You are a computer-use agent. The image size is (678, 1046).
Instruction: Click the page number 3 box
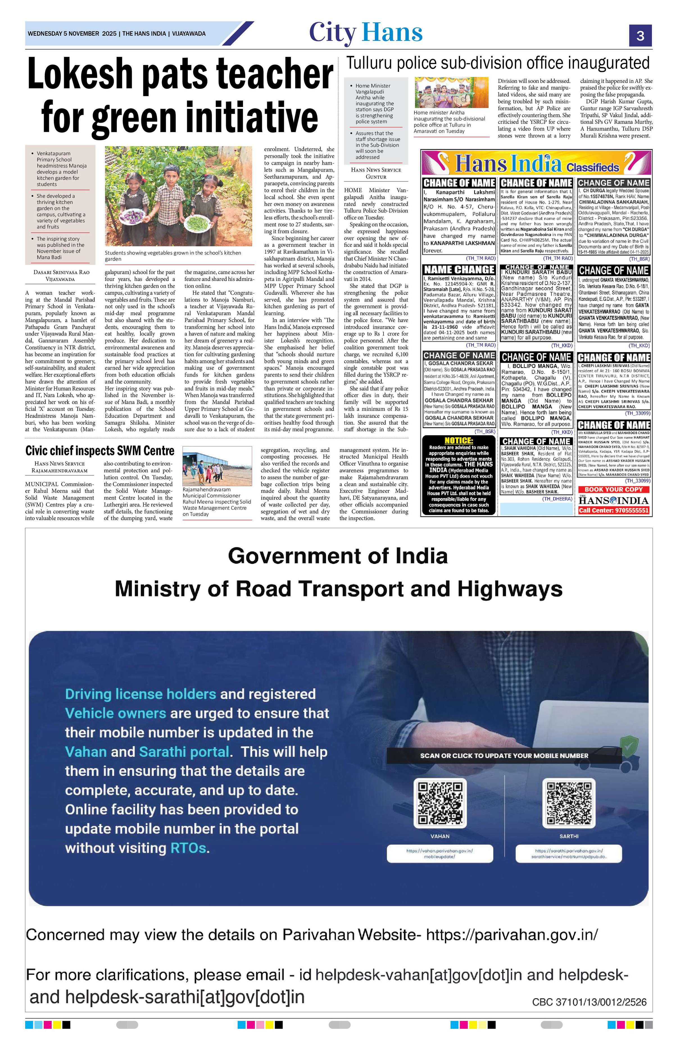640,35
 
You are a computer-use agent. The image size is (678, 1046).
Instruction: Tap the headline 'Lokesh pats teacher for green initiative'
180,97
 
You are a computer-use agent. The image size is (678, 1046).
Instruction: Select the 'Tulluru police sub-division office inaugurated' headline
498,63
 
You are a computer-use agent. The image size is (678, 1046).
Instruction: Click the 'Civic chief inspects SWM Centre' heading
100,450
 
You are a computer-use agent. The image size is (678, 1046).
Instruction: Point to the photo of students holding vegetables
178,196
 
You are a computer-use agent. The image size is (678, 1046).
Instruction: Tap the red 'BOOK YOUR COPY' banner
613,489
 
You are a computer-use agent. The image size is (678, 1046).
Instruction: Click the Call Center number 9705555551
613,510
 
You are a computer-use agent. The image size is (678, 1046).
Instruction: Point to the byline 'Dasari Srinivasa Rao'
62,272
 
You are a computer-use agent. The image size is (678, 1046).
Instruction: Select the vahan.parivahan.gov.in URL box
440,853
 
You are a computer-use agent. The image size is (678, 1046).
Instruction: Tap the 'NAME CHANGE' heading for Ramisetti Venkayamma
459,269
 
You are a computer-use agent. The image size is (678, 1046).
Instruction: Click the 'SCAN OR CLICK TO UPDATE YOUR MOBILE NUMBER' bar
504,755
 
